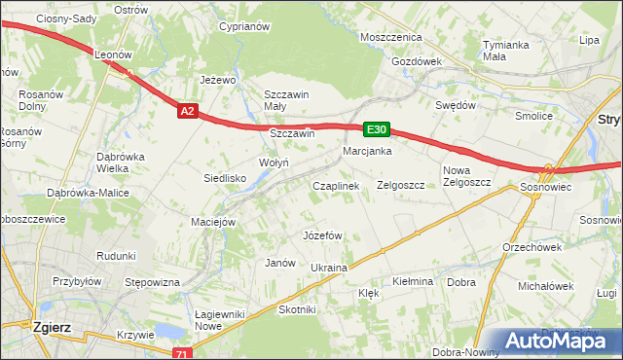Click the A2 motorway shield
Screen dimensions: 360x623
[x=189, y=112]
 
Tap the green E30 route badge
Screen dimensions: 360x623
[x=378, y=128]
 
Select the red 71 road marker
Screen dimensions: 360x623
[x=181, y=354]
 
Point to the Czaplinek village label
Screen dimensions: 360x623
[x=336, y=185]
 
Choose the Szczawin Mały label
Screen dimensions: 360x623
[x=286, y=100]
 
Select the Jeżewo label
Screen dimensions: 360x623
[x=219, y=80]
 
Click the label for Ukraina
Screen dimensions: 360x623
[x=329, y=267]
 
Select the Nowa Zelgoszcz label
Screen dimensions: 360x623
[x=463, y=176]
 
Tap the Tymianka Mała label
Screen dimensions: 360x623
[x=506, y=51]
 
